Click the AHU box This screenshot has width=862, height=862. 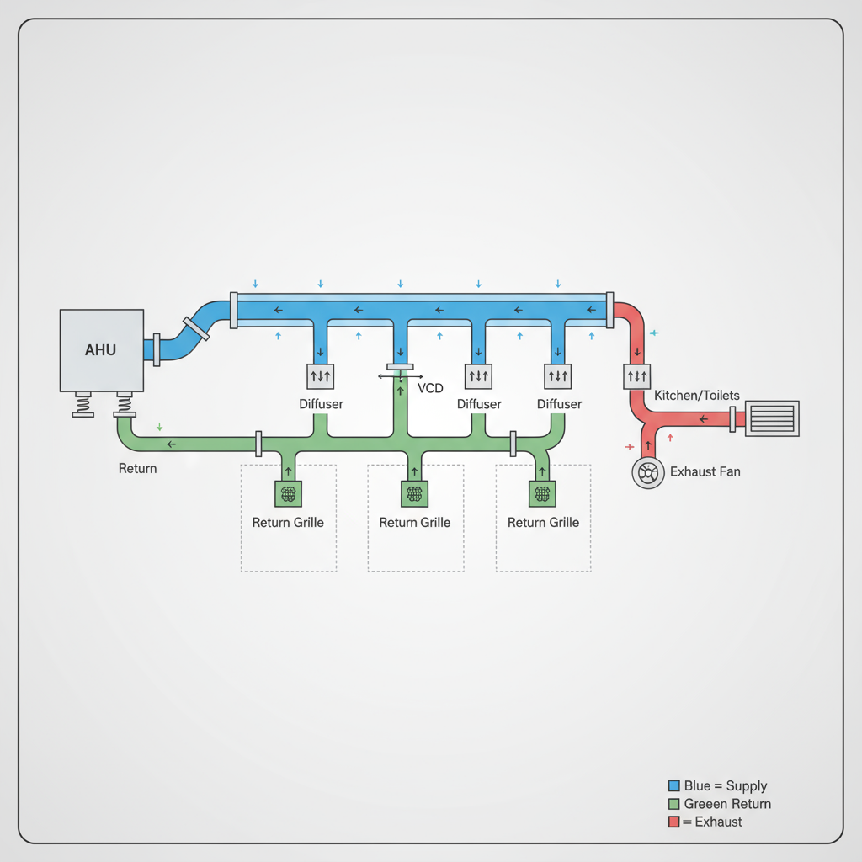pyautogui.click(x=101, y=350)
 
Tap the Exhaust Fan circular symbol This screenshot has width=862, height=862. pyautogui.click(x=648, y=474)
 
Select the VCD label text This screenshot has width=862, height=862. pyautogui.click(x=430, y=388)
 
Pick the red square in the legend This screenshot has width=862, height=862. pyautogui.click(x=673, y=822)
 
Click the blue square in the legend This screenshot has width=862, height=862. pyautogui.click(x=673, y=786)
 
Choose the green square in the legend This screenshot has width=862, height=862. pyautogui.click(x=673, y=804)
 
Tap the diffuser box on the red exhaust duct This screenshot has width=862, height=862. pyautogui.click(x=637, y=376)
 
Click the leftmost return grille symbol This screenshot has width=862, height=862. pyautogui.click(x=288, y=494)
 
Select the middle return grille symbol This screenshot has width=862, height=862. pyautogui.click(x=415, y=494)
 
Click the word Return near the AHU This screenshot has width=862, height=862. pyautogui.click(x=137, y=468)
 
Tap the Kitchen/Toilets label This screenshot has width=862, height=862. pyautogui.click(x=696, y=395)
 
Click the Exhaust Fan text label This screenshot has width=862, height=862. pyautogui.click(x=705, y=472)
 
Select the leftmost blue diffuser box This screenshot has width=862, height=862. pyautogui.click(x=321, y=376)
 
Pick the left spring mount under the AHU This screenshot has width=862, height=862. pyautogui.click(x=83, y=405)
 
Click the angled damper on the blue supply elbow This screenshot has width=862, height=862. pyautogui.click(x=195, y=328)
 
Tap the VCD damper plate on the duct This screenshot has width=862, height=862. pyautogui.click(x=400, y=368)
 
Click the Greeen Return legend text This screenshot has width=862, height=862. pyautogui.click(x=727, y=804)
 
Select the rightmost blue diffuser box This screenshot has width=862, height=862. pyautogui.click(x=558, y=376)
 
